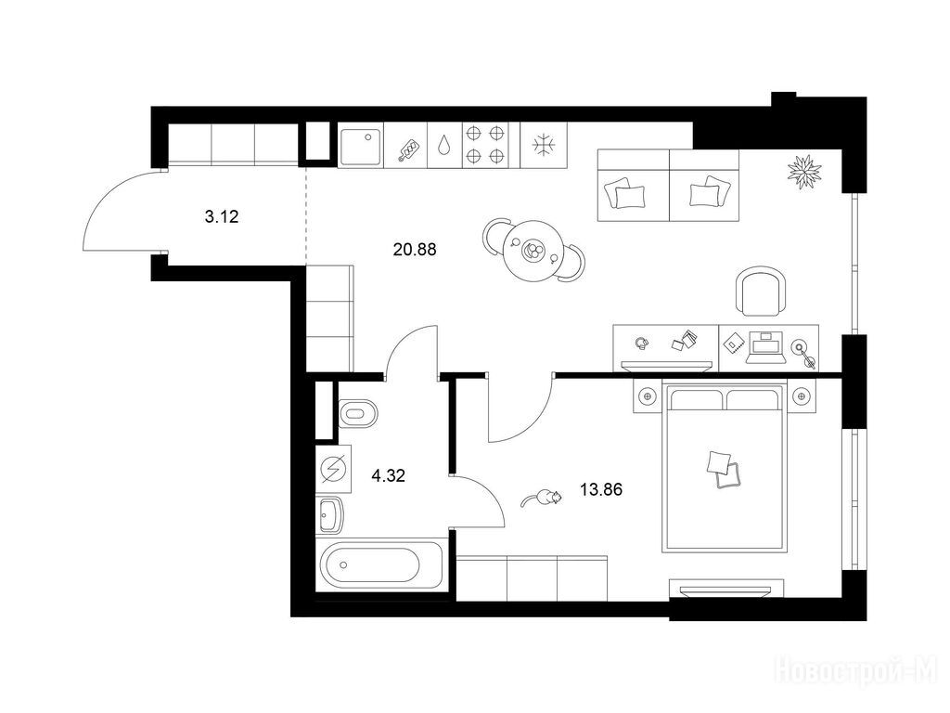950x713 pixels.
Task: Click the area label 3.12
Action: (222, 216)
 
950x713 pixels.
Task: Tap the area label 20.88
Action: (415, 249)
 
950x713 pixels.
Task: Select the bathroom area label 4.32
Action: (388, 475)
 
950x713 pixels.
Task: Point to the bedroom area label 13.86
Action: (601, 489)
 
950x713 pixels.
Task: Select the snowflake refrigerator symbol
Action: (544, 145)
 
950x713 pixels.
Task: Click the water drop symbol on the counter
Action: (444, 146)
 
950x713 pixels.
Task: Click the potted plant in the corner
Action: (804, 172)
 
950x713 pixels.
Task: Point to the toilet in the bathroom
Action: (358, 413)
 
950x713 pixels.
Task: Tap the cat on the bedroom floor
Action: (541, 499)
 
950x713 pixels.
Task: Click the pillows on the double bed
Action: (724, 470)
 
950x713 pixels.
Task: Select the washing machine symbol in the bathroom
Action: (333, 469)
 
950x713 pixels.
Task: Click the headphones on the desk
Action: (642, 344)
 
